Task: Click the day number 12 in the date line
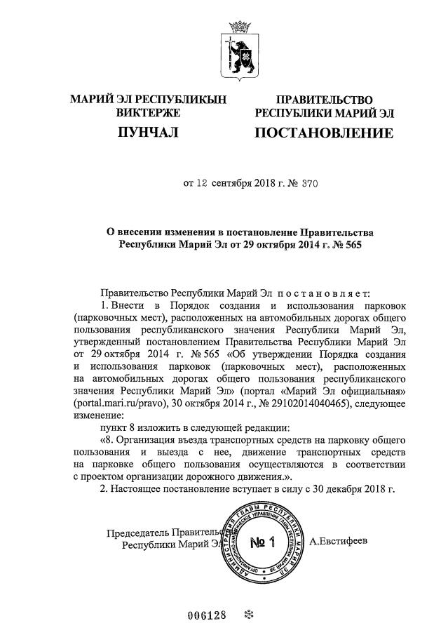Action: tap(202, 185)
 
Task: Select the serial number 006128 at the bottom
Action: tap(208, 615)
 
